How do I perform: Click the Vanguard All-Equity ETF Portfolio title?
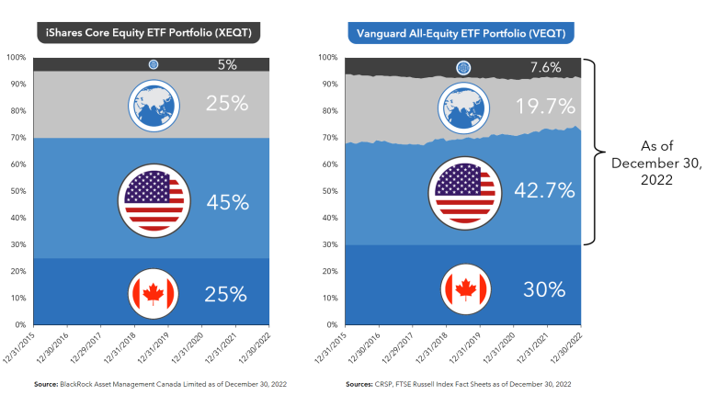point(461,34)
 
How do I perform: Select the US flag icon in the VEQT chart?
point(462,191)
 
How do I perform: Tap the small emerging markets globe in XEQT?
point(154,64)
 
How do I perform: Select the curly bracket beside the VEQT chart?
point(598,152)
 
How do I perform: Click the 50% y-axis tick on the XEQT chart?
point(17,191)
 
